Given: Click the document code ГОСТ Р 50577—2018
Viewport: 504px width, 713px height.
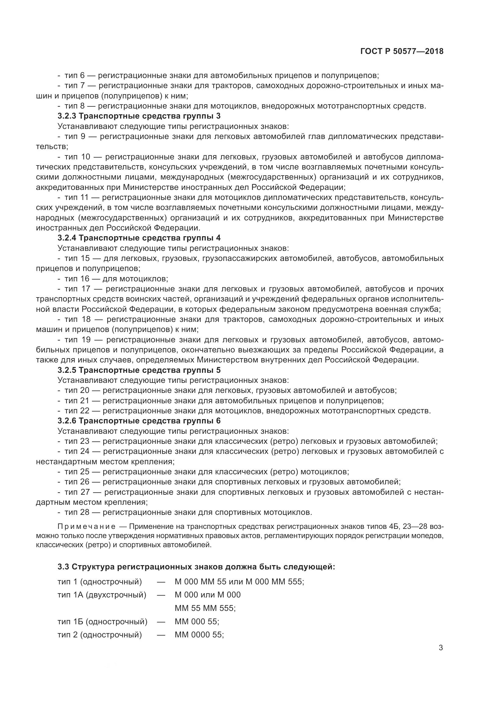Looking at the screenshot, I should (x=402, y=52).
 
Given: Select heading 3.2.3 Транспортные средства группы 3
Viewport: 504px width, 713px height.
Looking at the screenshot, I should (x=139, y=116).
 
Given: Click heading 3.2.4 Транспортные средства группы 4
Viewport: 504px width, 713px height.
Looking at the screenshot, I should (x=139, y=238).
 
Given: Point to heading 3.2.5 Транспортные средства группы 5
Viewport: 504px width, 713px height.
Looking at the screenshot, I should (x=139, y=370).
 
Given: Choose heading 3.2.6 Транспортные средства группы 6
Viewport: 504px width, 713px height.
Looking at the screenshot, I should (x=139, y=421).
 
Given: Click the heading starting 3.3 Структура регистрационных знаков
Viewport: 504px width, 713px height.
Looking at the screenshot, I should (x=196, y=567).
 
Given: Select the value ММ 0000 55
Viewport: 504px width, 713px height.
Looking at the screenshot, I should (x=199, y=635).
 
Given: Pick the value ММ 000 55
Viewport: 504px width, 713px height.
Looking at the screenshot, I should (x=197, y=621).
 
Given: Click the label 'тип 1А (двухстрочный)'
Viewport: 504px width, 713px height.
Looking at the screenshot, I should (x=102, y=595).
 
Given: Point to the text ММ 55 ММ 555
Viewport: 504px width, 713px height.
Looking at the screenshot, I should (x=205, y=608).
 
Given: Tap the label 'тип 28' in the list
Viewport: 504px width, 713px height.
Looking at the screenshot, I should (x=77, y=512).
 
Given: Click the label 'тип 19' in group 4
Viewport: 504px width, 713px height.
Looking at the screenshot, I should (x=77, y=340).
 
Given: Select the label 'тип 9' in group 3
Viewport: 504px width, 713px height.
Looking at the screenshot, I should (x=75, y=137).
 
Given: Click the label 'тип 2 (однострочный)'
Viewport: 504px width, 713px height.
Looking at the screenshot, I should (x=100, y=635).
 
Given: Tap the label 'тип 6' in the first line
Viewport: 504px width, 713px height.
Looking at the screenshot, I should (x=74, y=76).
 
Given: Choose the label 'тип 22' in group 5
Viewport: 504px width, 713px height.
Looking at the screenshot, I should (x=77, y=411).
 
